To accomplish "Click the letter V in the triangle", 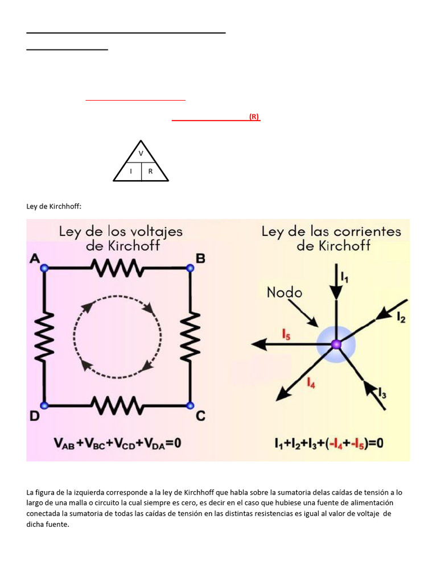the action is pos(141,153).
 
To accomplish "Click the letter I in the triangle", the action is pos(131,171).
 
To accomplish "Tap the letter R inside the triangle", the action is pos(150,171).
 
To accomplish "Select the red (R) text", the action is pos(254,117).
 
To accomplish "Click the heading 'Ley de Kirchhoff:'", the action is pos(54,206).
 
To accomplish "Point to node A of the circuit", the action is pos(44,268).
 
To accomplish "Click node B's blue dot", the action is pos(190,268).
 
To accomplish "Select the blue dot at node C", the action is pos(190,405).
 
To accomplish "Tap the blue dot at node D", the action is pos(44,405).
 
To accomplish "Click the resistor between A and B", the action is pos(117,268).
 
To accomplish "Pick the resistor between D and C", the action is pos(117,405).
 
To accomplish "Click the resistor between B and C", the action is pos(190,336).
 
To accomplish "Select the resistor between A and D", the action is pos(44,336).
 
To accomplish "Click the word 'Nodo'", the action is pos(285,292).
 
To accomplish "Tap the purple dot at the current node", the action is pos(336,343).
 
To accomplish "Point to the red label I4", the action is pos(311,384).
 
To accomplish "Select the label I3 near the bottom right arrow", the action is pos(382,392).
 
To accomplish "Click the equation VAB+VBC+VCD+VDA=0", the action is pos(117,443).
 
